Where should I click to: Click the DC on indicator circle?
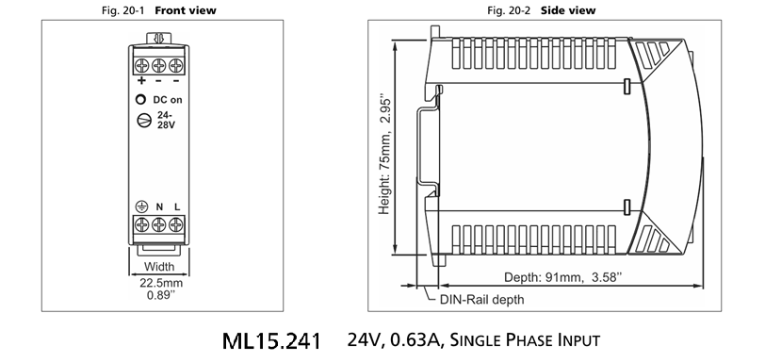140,100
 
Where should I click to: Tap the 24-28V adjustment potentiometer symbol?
144,120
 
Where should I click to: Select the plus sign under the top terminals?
141,80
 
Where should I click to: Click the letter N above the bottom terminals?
159,207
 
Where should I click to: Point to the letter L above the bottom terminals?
177,207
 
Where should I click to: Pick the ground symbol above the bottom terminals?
141,207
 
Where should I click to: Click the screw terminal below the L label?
176,224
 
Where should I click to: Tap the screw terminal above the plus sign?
142,64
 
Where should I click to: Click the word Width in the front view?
159,267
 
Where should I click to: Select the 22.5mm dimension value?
161,283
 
